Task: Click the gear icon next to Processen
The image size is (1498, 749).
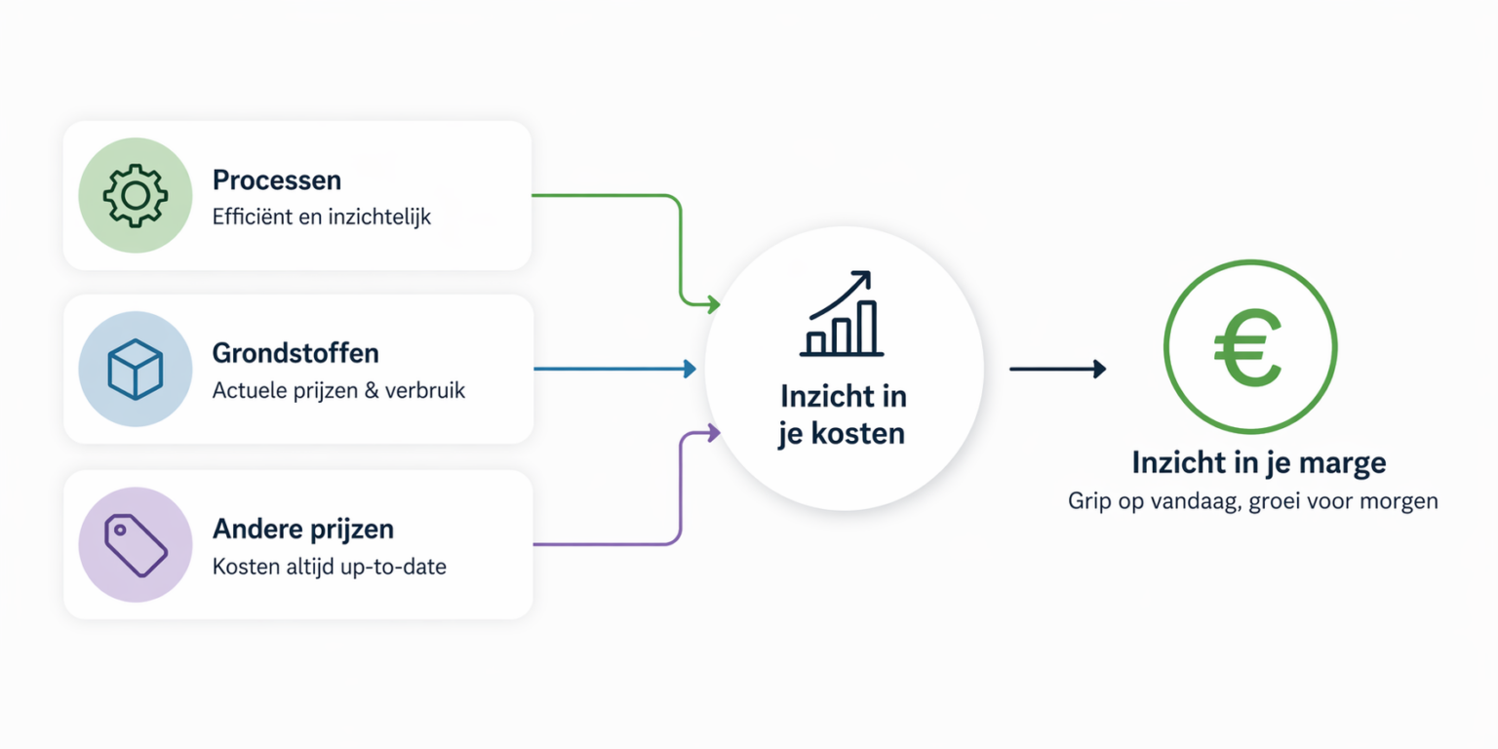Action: (136, 195)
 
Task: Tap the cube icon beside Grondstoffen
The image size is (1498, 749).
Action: (136, 370)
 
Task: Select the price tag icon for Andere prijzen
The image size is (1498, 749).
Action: (136, 545)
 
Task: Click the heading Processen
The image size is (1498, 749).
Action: (277, 180)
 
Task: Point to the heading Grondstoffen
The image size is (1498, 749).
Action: (296, 353)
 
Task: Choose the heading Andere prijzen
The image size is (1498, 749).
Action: (303, 530)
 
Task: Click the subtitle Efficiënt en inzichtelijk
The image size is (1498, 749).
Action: (322, 217)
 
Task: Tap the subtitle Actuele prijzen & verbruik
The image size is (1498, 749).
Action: (338, 390)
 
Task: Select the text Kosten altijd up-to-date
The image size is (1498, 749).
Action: (329, 567)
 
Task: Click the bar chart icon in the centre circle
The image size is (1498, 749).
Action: (842, 313)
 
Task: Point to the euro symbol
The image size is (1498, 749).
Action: (1248, 347)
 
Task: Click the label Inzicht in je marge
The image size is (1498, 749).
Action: (1259, 463)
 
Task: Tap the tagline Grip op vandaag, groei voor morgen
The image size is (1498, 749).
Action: (1252, 501)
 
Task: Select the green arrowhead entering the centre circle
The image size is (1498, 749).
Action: (714, 304)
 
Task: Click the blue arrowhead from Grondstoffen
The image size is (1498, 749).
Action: (690, 369)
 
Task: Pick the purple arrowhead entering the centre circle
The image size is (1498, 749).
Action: (714, 433)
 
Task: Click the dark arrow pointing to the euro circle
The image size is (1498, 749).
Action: (1058, 369)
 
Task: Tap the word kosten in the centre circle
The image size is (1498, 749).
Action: (858, 434)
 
